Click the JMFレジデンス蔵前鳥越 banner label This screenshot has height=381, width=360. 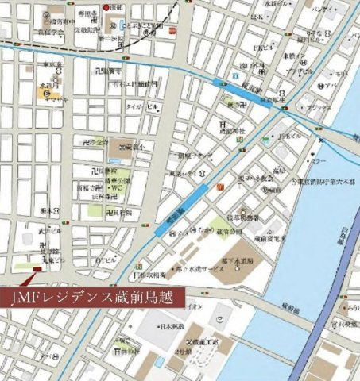[x=94, y=297]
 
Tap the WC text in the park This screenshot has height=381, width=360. [x=116, y=188]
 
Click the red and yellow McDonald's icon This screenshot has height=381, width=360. [x=216, y=186]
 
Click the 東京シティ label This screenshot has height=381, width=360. [x=185, y=173]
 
